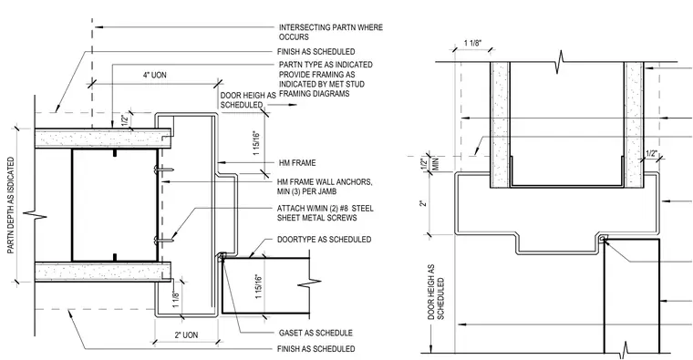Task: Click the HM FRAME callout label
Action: point(296,163)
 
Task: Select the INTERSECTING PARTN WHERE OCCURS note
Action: point(331,32)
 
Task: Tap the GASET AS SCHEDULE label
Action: point(315,333)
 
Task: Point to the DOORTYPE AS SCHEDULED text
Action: point(324,240)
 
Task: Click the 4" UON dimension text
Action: point(155,75)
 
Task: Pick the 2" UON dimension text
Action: point(186,335)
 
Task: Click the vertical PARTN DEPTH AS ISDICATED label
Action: point(11,206)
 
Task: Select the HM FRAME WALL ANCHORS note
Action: point(325,187)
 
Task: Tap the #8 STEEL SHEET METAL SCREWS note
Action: point(326,213)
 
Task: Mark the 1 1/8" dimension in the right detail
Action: point(472,43)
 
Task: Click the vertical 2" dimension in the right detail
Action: point(423,203)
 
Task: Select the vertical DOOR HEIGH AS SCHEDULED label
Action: point(436,293)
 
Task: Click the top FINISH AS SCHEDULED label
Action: point(316,52)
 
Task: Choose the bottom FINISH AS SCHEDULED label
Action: point(316,349)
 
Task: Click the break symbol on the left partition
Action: point(35,216)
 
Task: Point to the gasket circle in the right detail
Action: point(604,239)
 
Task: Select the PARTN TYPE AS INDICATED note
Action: point(326,79)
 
